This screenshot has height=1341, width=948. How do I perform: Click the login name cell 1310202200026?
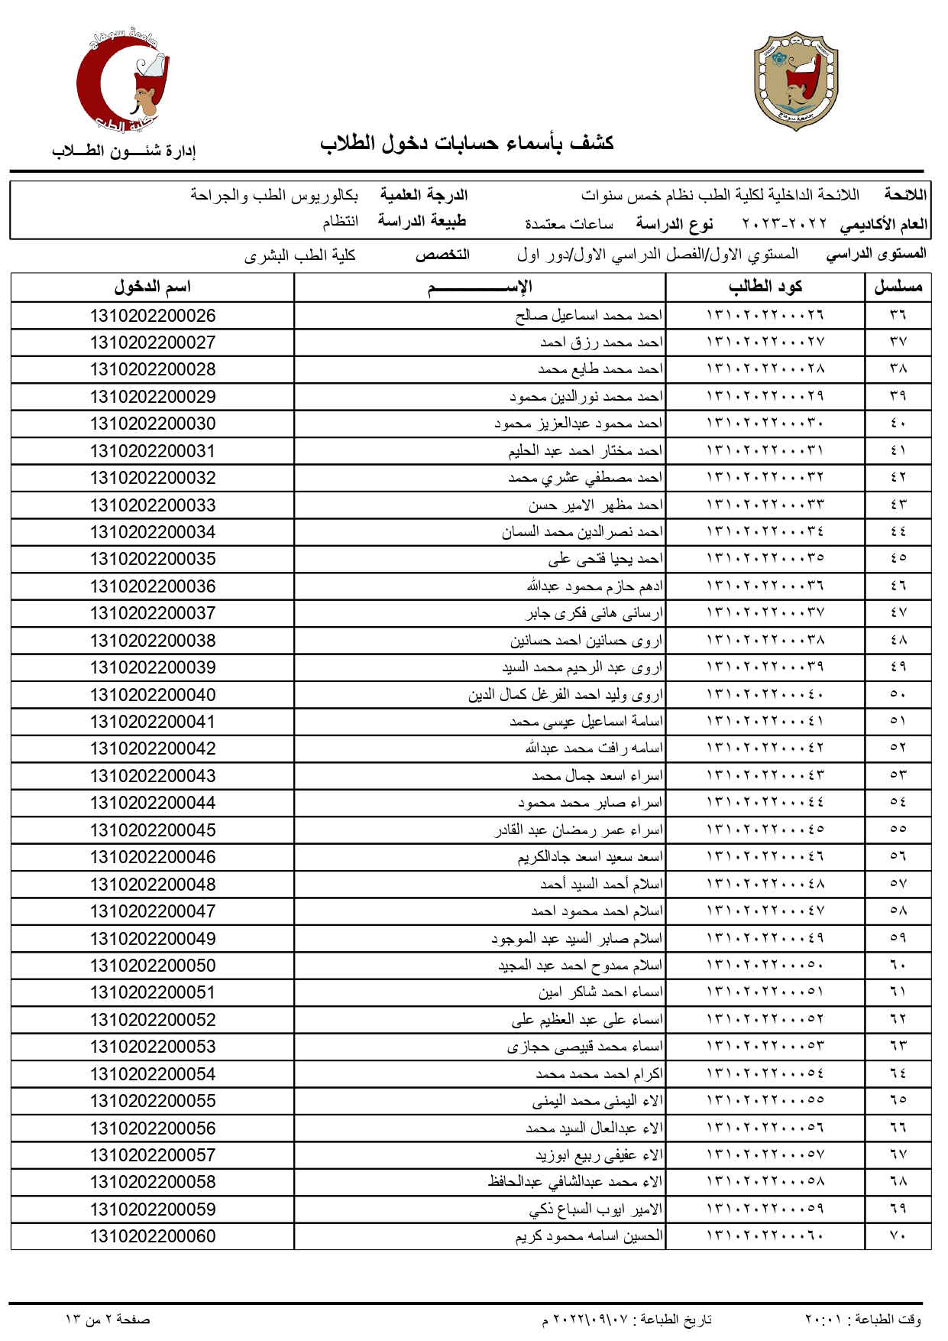153,316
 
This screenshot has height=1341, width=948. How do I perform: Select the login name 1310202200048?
153,885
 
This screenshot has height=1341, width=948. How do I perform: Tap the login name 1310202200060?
153,1236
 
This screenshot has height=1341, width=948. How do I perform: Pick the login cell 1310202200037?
153,613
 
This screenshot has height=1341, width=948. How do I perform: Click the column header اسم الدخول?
152,287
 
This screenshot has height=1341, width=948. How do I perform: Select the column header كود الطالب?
765,287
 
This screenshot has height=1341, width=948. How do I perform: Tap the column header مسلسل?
898,287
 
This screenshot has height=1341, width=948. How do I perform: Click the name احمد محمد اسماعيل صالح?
589,316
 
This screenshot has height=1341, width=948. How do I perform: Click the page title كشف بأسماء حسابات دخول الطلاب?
467,144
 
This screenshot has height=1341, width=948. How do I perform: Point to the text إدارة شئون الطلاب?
124,151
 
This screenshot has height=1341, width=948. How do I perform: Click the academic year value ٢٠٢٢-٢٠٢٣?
784,224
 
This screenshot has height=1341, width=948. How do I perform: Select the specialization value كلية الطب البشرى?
300,255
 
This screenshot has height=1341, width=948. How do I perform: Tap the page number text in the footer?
108,1319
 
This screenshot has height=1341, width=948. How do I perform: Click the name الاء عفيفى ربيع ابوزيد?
599,1155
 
